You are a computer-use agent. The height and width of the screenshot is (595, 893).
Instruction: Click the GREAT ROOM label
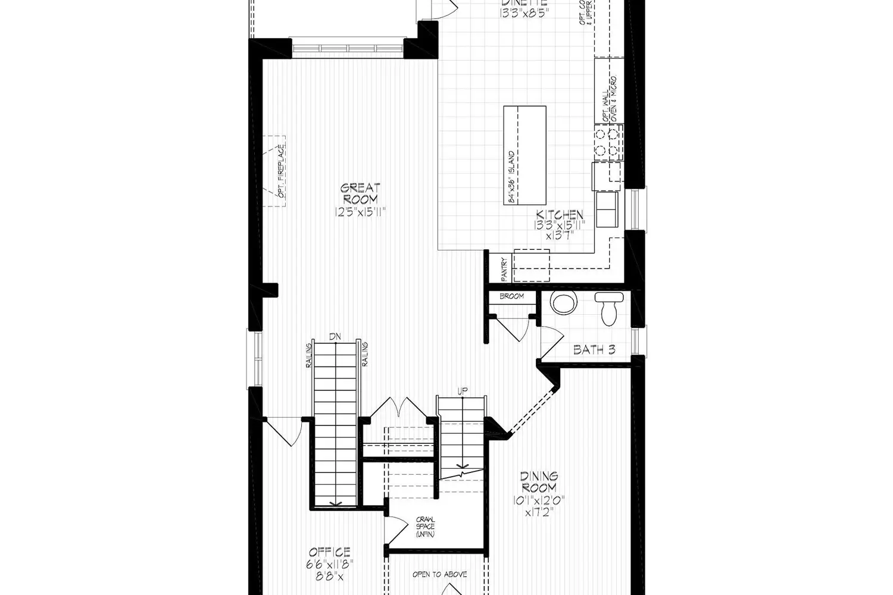360,194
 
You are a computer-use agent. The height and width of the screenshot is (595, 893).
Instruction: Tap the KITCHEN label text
560,215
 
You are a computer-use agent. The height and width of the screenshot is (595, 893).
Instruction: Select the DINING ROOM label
539,481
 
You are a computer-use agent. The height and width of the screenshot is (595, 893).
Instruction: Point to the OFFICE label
329,552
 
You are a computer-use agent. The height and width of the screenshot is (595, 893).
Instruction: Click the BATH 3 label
594,350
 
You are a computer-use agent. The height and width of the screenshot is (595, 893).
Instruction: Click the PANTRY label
504,270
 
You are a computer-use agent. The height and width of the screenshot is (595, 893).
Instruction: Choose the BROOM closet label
511,296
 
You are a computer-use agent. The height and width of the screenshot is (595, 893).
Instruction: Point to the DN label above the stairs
335,337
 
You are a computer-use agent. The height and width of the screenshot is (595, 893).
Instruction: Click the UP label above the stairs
462,391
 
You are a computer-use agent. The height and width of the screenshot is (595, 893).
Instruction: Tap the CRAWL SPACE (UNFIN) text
425,527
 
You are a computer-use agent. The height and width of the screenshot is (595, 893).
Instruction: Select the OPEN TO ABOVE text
439,575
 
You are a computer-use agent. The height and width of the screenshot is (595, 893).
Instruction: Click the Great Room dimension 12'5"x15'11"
360,211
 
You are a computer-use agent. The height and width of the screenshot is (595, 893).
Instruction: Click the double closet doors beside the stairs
395,408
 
